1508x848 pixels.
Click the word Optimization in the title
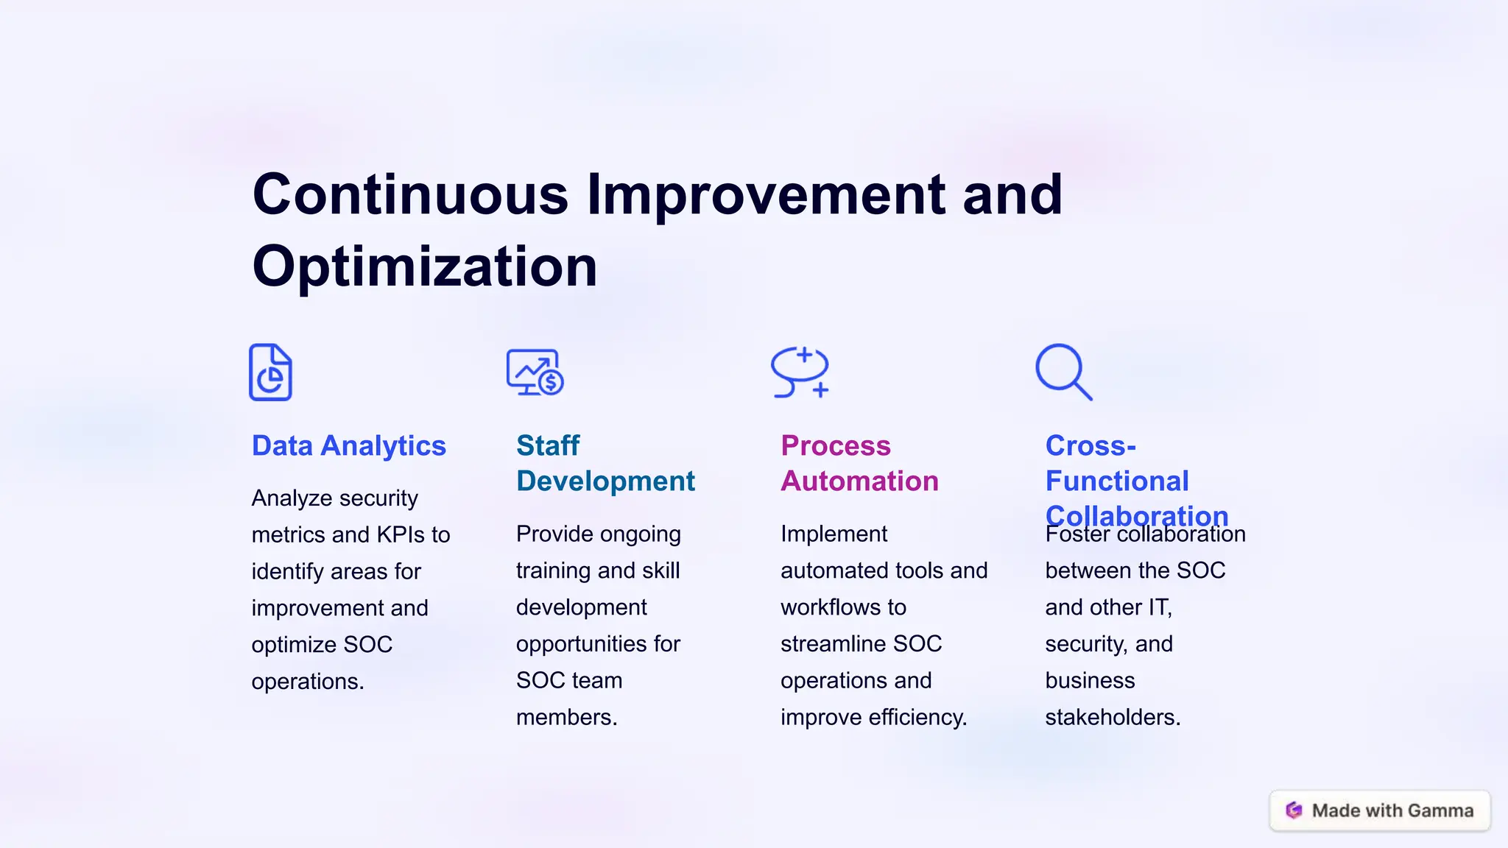[424, 266]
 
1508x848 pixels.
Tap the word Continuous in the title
[410, 194]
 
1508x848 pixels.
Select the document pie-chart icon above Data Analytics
[270, 372]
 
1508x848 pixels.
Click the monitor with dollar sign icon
[535, 372]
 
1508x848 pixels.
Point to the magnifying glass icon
[1063, 372]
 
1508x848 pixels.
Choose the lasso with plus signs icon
[800, 372]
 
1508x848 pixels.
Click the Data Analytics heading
[348, 446]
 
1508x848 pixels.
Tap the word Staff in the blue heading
[548, 446]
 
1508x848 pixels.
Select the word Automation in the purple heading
[859, 481]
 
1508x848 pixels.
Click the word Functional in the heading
[1117, 481]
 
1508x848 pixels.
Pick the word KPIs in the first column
[403, 535]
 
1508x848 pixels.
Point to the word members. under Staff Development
[566, 718]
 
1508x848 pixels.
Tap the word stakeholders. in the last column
[1113, 718]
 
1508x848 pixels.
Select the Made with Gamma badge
[1380, 810]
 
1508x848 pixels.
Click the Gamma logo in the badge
[1294, 810]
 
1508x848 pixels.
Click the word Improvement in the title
[766, 194]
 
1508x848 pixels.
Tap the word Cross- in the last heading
[1091, 446]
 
